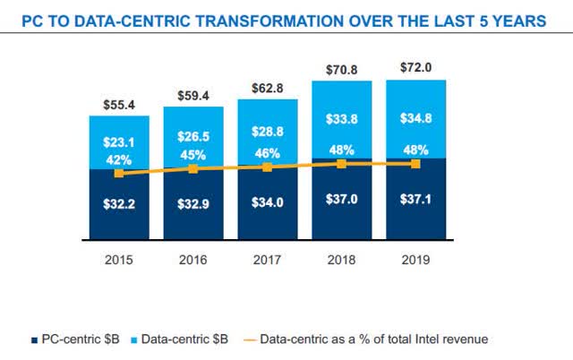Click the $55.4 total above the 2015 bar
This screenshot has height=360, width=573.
click(119, 105)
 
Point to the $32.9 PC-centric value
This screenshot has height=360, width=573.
click(192, 203)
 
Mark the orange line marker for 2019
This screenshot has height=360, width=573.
click(415, 164)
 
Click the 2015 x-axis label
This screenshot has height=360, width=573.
click(119, 260)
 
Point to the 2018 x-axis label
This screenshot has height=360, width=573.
click(341, 260)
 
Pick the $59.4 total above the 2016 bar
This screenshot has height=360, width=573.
click(192, 93)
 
